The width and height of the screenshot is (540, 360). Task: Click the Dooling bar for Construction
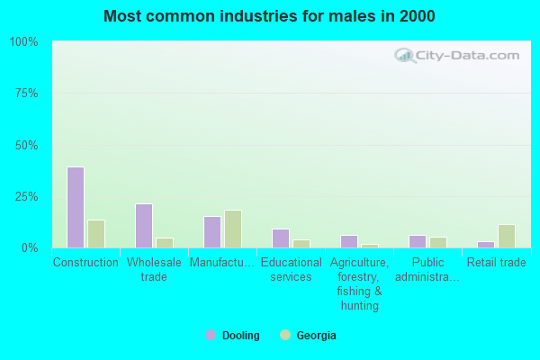76,207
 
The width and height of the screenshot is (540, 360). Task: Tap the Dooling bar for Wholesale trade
144,226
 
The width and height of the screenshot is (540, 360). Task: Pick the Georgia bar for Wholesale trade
165,243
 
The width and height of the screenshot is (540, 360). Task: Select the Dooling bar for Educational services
281,238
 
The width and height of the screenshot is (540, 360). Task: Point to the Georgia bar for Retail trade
507,236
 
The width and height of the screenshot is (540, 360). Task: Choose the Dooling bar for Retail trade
486,244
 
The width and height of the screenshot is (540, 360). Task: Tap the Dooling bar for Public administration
418,241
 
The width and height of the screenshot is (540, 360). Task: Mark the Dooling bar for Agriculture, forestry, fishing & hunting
349,241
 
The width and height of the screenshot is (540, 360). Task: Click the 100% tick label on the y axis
23,42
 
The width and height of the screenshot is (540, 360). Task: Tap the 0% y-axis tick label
30,247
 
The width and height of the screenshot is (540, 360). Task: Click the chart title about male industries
270,16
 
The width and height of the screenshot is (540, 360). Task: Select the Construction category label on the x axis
85,263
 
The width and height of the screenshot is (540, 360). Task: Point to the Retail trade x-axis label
496,263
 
